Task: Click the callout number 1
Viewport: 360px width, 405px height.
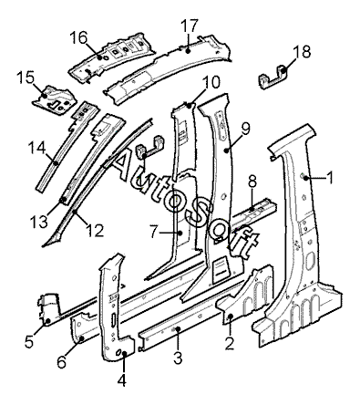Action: (x=330, y=178)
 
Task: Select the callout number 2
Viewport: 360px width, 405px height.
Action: (x=230, y=343)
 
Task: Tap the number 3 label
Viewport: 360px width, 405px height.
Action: (x=178, y=358)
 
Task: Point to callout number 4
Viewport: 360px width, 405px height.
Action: (x=121, y=380)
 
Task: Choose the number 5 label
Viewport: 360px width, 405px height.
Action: (x=29, y=341)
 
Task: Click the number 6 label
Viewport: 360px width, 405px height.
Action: (x=62, y=362)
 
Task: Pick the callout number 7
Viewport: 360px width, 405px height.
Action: (x=154, y=233)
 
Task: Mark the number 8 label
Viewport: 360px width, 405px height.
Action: (x=252, y=182)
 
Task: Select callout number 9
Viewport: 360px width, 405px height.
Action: (x=245, y=129)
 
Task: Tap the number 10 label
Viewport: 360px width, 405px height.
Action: (x=211, y=82)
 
